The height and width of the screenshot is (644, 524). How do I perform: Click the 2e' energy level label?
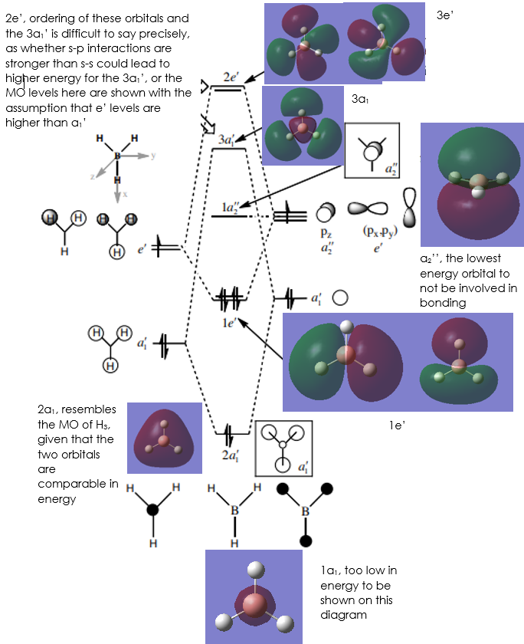[231, 77]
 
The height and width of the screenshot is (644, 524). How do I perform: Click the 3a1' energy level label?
[227, 140]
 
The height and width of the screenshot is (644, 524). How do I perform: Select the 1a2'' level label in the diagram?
[230, 208]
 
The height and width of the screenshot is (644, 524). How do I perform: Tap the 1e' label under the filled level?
[228, 323]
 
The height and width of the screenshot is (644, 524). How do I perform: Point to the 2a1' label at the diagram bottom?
[231, 455]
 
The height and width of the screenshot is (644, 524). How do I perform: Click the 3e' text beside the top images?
[445, 15]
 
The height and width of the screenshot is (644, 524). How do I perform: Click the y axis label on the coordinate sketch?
[153, 155]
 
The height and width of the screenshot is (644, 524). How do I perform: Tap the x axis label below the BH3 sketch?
[125, 194]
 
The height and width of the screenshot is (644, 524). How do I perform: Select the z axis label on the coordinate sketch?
[93, 176]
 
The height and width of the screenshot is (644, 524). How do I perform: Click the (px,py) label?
[380, 232]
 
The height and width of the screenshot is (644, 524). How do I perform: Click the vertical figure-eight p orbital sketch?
[409, 208]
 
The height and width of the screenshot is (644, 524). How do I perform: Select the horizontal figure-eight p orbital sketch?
[368, 209]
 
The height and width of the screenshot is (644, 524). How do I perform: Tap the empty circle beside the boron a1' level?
[340, 297]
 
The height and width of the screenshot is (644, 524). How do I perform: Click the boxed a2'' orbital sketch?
[372, 150]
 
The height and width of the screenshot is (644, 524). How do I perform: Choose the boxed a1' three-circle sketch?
[284, 448]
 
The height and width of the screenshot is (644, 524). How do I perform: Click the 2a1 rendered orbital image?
[165, 438]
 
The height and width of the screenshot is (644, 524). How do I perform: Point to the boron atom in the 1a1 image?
[254, 604]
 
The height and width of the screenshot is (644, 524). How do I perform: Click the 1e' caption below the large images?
[397, 426]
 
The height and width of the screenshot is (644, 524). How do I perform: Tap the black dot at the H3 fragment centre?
[152, 510]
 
